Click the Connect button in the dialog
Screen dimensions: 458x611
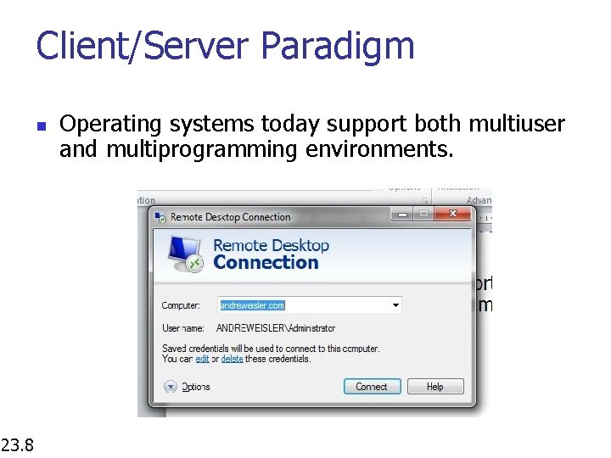[371, 387]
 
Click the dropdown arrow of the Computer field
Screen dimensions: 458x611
[395, 304]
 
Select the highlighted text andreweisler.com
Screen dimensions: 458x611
[252, 305]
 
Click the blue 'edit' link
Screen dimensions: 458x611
[202, 359]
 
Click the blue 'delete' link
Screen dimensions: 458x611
[232, 359]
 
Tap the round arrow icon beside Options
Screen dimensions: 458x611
[170, 387]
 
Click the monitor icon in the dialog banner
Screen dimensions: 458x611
[184, 252]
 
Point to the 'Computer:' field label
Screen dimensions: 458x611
[181, 305]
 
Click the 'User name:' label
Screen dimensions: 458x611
[183, 327]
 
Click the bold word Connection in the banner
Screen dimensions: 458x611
[266, 263]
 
